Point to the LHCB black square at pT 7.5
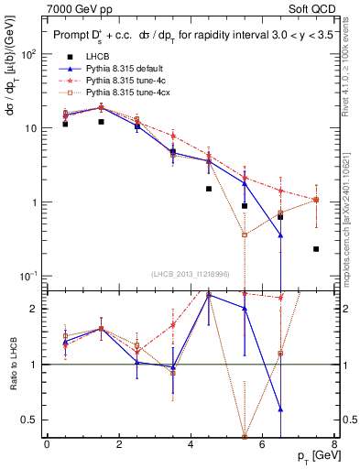point(316,249)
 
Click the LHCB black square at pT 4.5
point(209,189)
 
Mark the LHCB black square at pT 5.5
point(245,206)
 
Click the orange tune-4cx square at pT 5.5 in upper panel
point(245,235)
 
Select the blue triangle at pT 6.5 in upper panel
point(280,235)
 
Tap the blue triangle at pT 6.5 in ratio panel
point(280,409)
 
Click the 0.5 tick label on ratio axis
point(32,420)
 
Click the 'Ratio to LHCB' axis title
point(12,364)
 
